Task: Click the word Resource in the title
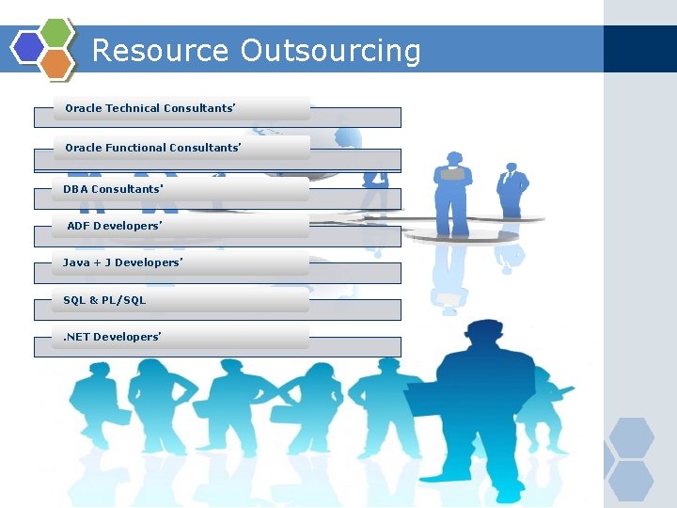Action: click(161, 50)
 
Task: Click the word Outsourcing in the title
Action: click(330, 51)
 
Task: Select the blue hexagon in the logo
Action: click(28, 46)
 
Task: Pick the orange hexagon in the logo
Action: click(57, 62)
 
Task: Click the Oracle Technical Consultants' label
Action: click(150, 108)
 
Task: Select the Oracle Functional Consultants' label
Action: click(152, 148)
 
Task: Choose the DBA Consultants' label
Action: click(113, 189)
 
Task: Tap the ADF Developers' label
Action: click(115, 226)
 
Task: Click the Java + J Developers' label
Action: click(122, 262)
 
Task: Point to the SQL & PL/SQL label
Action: click(104, 300)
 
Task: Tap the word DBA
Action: click(75, 189)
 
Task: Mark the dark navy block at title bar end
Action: click(639, 49)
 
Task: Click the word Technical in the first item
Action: click(133, 108)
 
